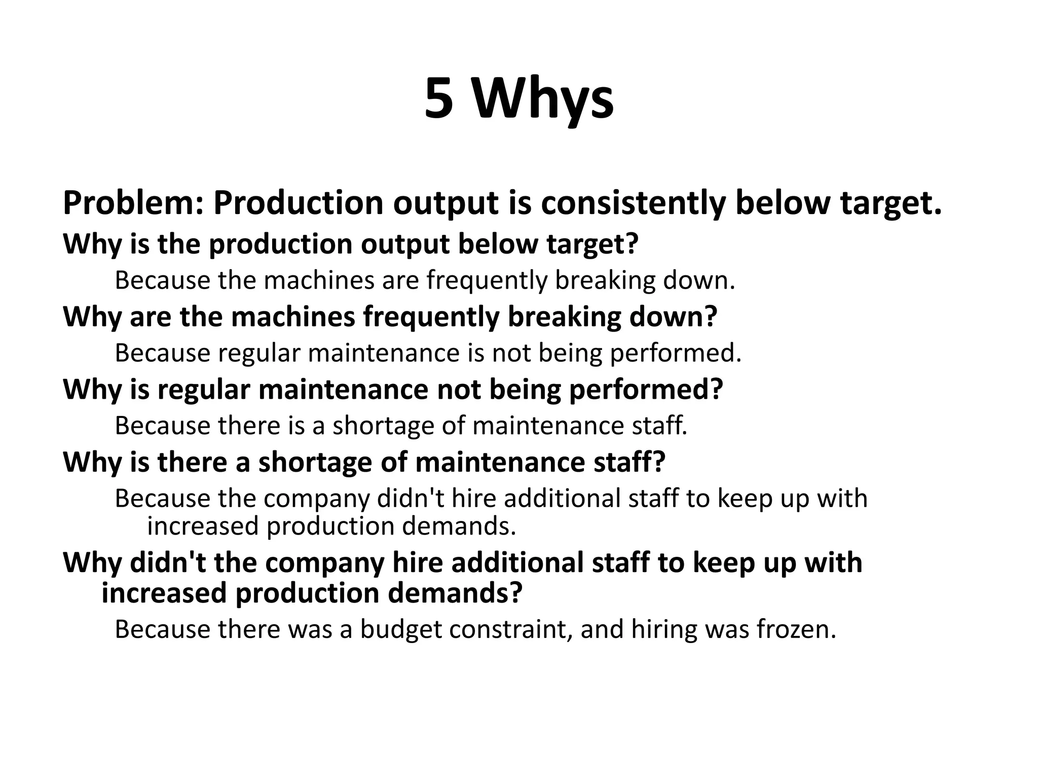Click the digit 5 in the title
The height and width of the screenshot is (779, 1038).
[x=438, y=99]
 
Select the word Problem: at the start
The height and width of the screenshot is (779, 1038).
[x=133, y=203]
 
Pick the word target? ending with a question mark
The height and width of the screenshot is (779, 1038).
[x=592, y=244]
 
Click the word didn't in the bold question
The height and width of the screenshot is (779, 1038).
[x=168, y=562]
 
